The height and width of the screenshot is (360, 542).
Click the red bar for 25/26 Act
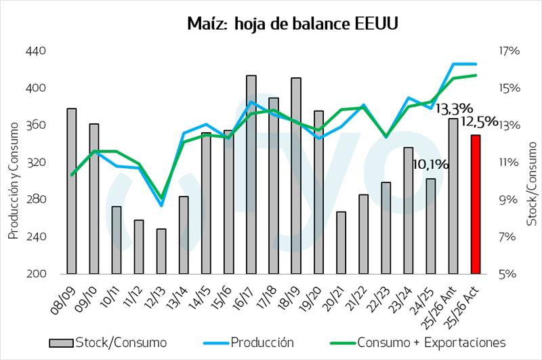click(476, 204)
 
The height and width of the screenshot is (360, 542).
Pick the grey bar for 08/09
click(71, 191)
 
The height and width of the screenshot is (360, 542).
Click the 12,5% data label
click(479, 121)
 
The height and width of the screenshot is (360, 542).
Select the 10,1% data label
click(430, 163)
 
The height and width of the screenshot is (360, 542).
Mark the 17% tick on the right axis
click(509, 51)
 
